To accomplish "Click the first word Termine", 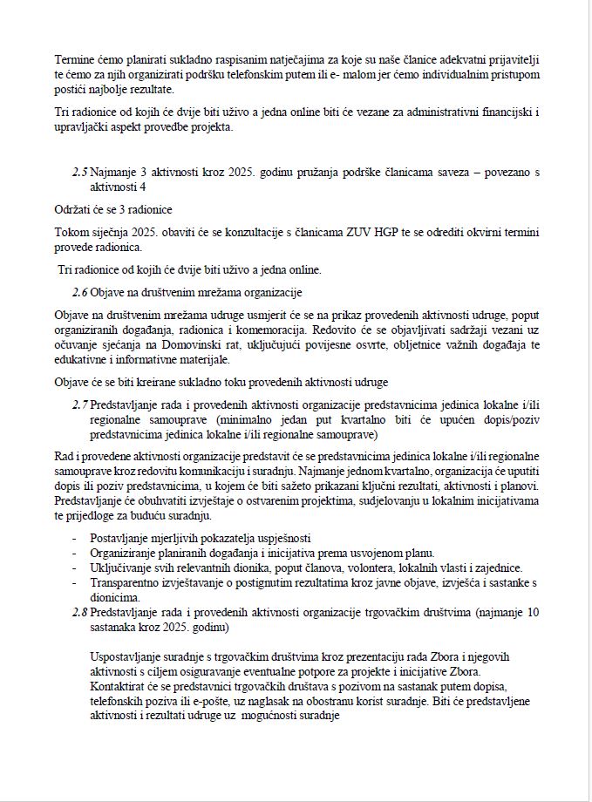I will coord(76,59).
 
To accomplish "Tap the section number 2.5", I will coord(79,173).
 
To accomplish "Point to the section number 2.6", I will coord(79,291).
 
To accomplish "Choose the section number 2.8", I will coord(79,613).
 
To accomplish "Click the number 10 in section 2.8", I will coord(533,613).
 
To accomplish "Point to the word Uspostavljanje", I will coord(130,656).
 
